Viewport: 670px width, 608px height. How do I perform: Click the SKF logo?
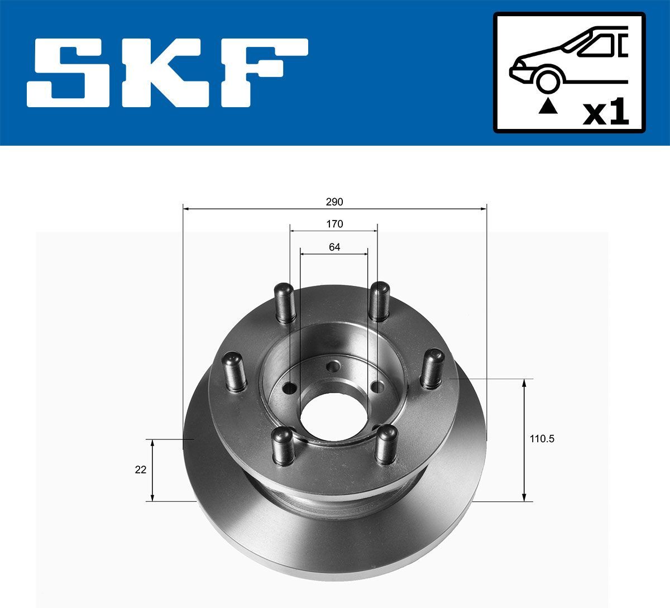coord(167,72)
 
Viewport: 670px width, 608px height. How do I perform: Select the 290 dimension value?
coord(334,202)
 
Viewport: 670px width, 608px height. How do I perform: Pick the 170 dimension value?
coord(334,224)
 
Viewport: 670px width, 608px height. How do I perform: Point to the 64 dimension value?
coord(334,247)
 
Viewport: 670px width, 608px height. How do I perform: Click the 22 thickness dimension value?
coord(141,470)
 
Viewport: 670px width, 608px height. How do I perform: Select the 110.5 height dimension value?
coord(542,439)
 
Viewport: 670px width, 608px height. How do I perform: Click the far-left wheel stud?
coord(234,371)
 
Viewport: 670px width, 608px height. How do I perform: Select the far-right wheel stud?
coord(431,368)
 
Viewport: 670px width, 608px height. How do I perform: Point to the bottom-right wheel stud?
coord(386,444)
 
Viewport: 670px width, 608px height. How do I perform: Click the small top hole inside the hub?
coord(334,367)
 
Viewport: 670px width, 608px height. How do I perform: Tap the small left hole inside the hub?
coord(290,387)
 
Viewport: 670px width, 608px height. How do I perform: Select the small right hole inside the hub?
coord(378,386)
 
